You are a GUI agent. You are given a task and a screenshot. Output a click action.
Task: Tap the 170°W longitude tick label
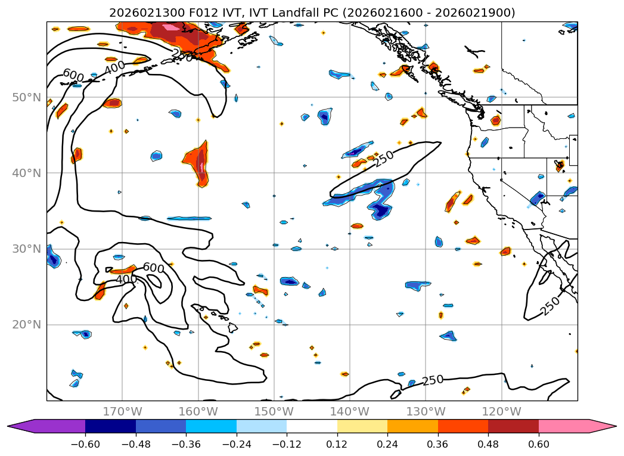(122, 411)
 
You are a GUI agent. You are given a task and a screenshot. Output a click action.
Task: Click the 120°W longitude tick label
(502, 411)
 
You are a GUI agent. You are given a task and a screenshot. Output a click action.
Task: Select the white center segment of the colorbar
(312, 426)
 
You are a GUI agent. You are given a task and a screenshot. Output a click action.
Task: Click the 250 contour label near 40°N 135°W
(384, 159)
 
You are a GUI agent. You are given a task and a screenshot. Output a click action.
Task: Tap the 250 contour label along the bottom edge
(433, 380)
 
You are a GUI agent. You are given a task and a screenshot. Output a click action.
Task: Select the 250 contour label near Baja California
(550, 306)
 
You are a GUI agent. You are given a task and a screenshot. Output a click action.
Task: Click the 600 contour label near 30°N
(153, 268)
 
